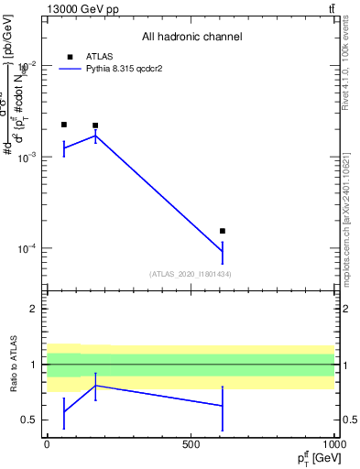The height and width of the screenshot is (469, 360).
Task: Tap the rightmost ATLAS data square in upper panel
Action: [x=223, y=231]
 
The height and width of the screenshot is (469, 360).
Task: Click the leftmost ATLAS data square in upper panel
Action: [x=63, y=125]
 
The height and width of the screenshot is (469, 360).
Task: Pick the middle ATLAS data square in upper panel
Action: [x=95, y=125]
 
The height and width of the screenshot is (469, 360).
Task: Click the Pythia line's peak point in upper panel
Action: [x=95, y=136]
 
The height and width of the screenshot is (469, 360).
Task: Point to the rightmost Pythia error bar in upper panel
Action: [x=223, y=251]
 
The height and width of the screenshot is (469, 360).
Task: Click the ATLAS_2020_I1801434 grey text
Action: [x=190, y=274]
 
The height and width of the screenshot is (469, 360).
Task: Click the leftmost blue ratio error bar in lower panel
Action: [x=63, y=413]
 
